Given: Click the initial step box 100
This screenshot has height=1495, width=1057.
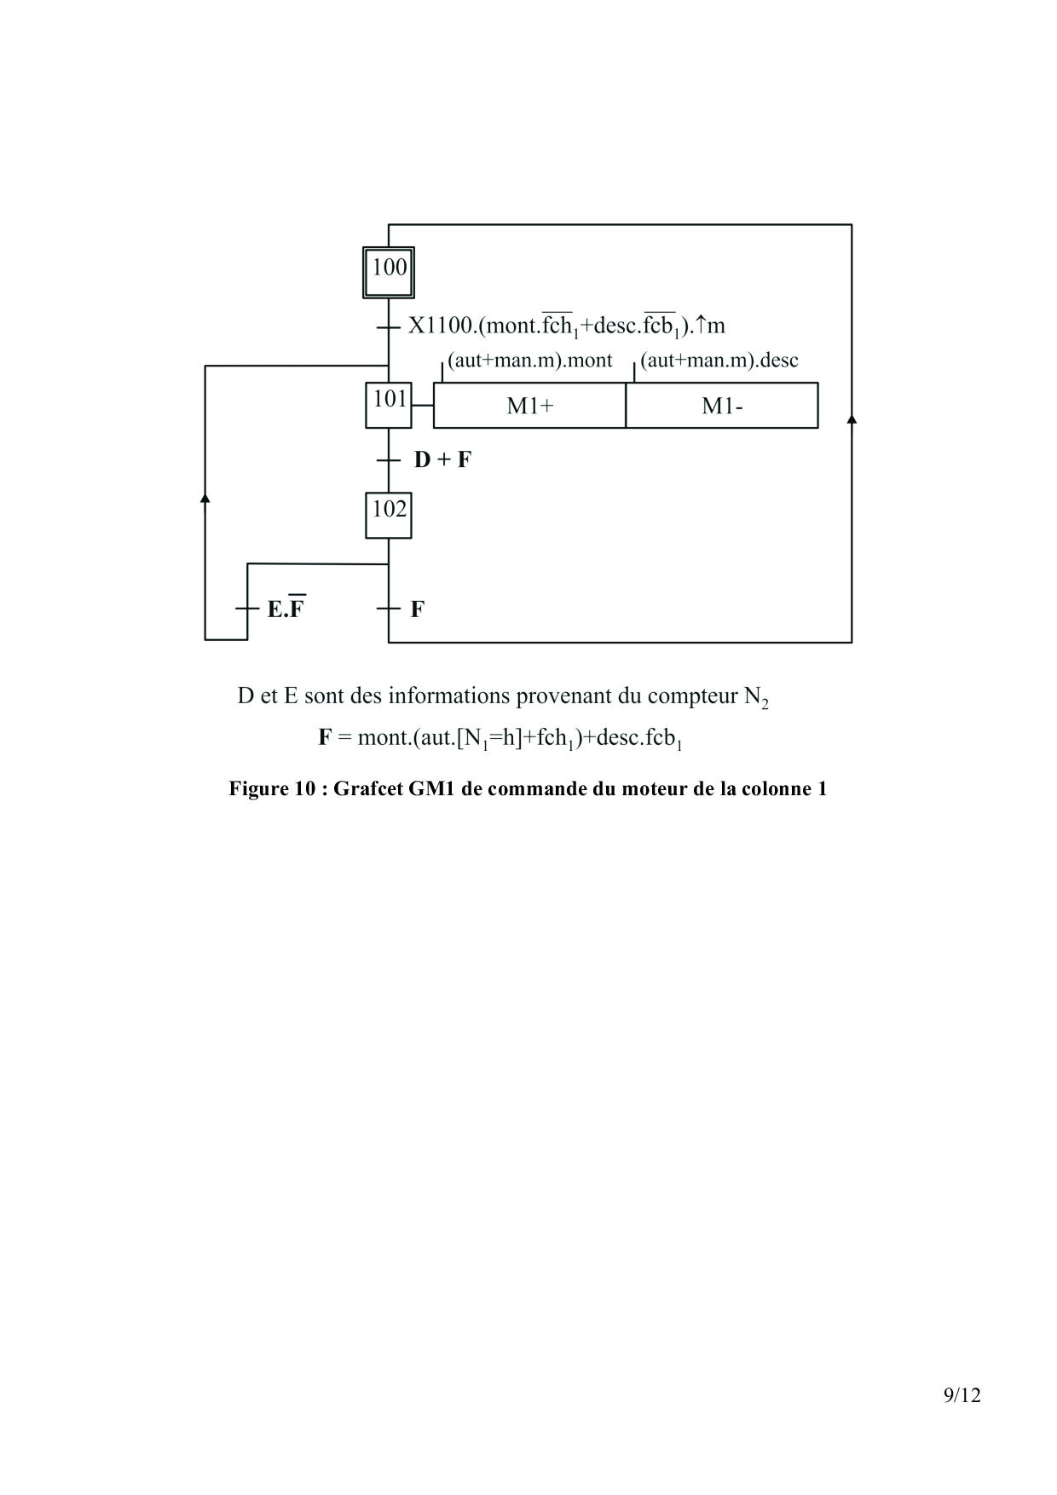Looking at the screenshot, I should point(389,272).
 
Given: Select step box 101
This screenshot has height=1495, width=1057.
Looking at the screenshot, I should point(389,405).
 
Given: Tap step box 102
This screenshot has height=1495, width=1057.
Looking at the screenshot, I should point(389,515).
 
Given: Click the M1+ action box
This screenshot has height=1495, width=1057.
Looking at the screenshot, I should point(529,406).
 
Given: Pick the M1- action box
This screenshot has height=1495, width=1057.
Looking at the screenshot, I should point(722,406).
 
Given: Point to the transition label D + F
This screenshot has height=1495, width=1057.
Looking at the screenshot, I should point(442,460).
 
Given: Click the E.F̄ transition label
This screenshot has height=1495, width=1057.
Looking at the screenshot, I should point(286,609).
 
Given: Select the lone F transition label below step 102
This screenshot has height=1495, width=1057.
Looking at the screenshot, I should point(418,609).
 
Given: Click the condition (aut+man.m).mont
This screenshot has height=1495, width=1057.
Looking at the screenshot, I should point(529,361).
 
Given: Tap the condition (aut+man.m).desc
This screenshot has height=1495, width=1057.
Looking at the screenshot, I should point(719,361).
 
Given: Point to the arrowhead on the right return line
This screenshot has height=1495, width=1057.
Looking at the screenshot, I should point(852,418).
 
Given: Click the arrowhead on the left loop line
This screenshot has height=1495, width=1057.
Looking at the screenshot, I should point(205,497).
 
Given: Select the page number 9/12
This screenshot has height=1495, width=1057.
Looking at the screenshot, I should point(962,1395).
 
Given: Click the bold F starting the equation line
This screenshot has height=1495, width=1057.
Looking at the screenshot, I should point(325,737).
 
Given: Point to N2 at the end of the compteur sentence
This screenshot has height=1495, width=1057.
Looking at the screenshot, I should point(756,697).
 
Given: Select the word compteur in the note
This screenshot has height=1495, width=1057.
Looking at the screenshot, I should point(692,696).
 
